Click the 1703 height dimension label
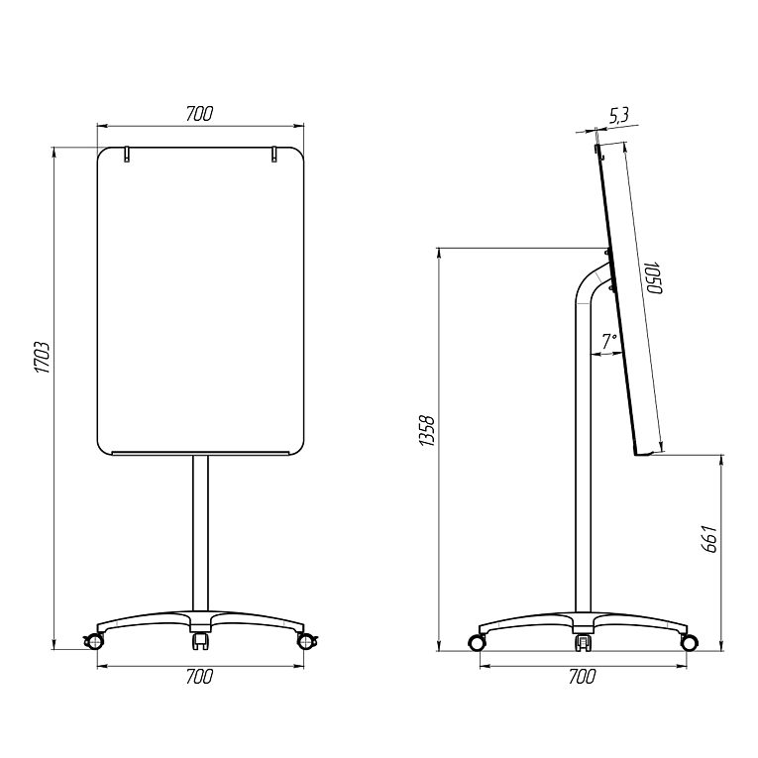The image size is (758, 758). point(42,358)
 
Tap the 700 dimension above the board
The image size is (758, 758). point(199,114)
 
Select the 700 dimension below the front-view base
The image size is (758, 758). point(199,677)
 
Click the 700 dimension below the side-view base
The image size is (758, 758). point(582,677)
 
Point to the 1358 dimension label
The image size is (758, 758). point(427,430)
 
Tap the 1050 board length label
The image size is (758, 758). point(653,277)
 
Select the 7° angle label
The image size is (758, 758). point(609,341)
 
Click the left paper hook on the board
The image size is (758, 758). point(127,155)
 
